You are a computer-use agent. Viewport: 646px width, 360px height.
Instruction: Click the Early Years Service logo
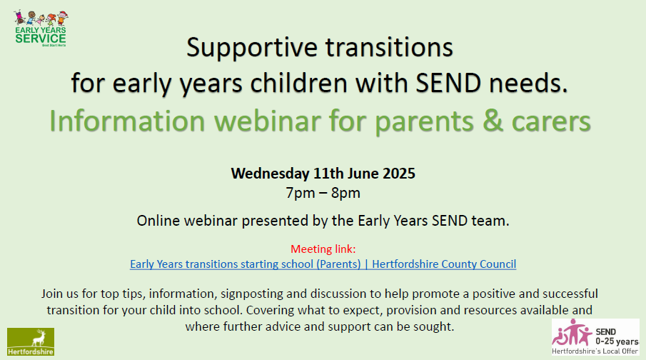(41, 29)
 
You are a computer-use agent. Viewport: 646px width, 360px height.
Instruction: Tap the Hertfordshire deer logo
(31, 341)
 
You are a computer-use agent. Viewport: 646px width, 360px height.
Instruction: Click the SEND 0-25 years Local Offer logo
(595, 336)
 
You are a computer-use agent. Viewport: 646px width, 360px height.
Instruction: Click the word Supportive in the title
(252, 48)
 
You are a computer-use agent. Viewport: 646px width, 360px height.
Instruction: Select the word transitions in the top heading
(389, 47)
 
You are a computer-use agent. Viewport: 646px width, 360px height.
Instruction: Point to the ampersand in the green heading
(493, 121)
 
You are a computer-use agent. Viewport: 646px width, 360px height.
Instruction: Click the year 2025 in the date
(398, 173)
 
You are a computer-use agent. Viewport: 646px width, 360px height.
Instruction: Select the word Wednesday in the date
(270, 173)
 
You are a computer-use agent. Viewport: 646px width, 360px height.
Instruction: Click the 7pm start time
(301, 193)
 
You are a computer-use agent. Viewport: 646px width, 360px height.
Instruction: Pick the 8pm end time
(345, 193)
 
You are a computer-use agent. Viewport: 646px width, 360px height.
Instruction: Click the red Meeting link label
(323, 249)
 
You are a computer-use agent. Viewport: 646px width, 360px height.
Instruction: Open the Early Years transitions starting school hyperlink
(323, 264)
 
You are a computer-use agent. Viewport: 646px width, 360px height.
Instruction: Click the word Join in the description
(52, 294)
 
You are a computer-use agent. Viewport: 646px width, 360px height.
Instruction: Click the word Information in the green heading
(127, 121)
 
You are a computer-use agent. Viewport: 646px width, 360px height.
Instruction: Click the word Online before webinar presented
(158, 221)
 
